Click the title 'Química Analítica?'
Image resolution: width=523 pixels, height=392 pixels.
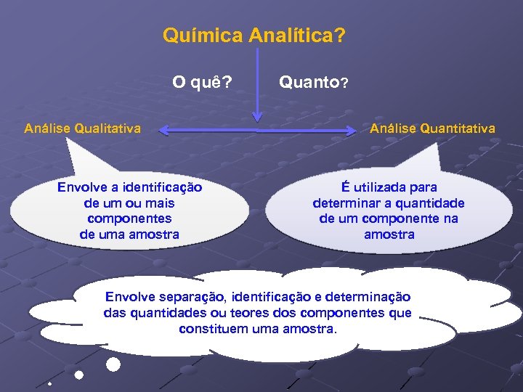[x=254, y=34]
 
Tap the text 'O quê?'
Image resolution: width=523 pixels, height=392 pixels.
[x=202, y=82]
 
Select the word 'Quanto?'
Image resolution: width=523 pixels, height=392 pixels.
[x=314, y=83]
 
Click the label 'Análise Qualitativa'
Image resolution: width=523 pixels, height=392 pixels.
[x=82, y=128]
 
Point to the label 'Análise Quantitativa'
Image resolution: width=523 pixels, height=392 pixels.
[x=432, y=128]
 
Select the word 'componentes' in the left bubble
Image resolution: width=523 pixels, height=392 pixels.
[x=129, y=219]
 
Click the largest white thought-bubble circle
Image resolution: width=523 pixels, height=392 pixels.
[x=113, y=364]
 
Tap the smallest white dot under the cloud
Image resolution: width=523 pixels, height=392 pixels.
[x=49, y=383]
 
